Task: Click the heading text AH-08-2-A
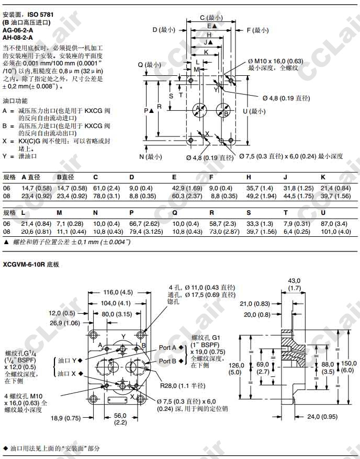point(18,37)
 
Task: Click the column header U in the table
point(323,213)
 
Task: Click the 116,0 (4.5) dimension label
point(118,292)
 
